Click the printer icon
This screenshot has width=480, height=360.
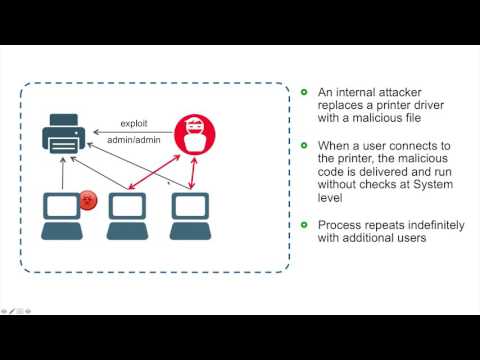(61, 135)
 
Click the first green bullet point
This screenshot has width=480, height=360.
(304, 92)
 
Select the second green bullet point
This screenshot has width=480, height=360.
(304, 144)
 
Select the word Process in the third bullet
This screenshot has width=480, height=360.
(340, 224)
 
